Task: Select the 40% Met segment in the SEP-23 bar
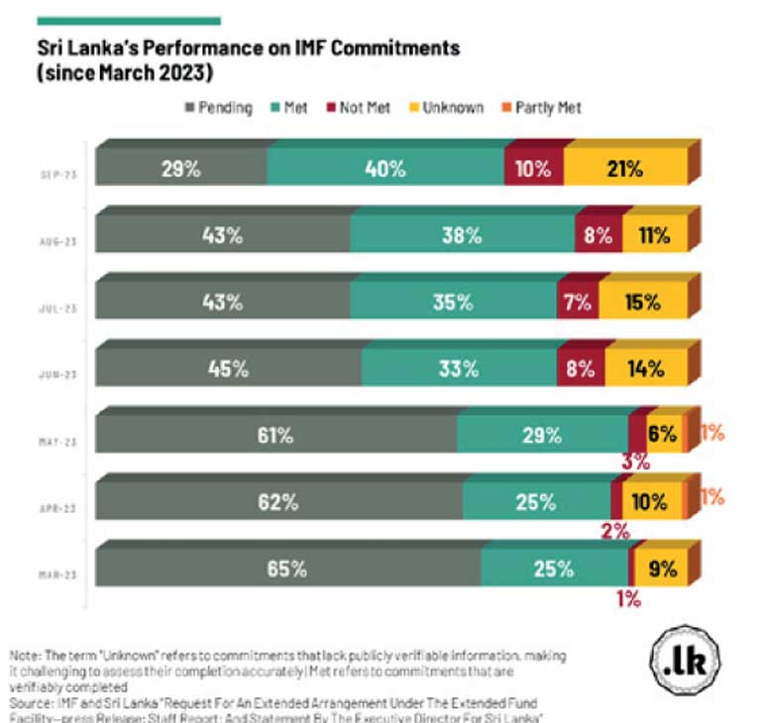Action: tap(384, 168)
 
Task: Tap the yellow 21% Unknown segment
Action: tap(624, 168)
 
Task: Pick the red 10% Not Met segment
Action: tap(533, 168)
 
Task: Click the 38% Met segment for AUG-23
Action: tap(462, 236)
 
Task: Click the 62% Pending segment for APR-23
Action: tap(278, 501)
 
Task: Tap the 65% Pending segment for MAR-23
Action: tap(287, 568)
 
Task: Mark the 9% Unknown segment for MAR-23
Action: tap(661, 568)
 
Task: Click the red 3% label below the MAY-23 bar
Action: tap(635, 461)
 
